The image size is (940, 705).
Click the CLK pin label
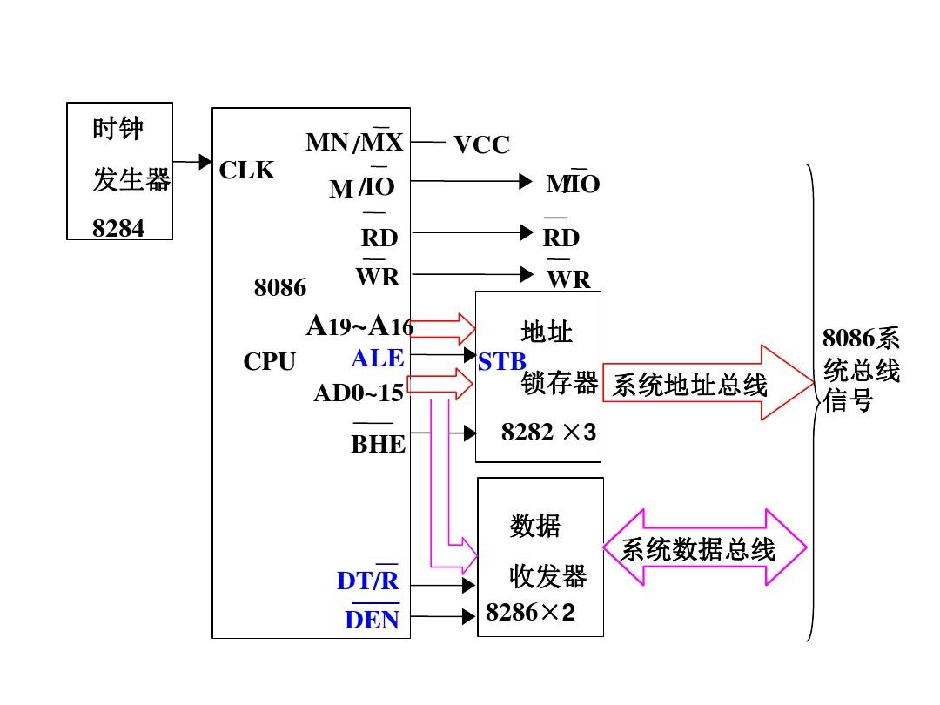[246, 171]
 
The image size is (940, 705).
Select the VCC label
[481, 145]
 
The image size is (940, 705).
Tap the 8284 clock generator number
[118, 228]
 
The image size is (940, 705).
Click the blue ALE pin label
[378, 358]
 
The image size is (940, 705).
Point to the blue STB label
[502, 362]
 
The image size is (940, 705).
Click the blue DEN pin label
[372, 620]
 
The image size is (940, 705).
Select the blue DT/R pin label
[367, 581]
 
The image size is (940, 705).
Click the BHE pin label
[378, 444]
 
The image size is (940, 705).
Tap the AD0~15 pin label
[359, 393]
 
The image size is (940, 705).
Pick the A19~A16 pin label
[359, 326]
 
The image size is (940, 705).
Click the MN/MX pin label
[355, 142]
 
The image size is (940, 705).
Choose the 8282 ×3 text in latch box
[548, 432]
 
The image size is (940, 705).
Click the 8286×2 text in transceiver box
[530, 613]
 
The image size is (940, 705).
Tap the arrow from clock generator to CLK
[192, 162]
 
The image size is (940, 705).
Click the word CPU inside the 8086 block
[269, 362]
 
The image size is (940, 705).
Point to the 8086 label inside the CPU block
[279, 288]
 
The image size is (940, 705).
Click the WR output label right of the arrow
[568, 279]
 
